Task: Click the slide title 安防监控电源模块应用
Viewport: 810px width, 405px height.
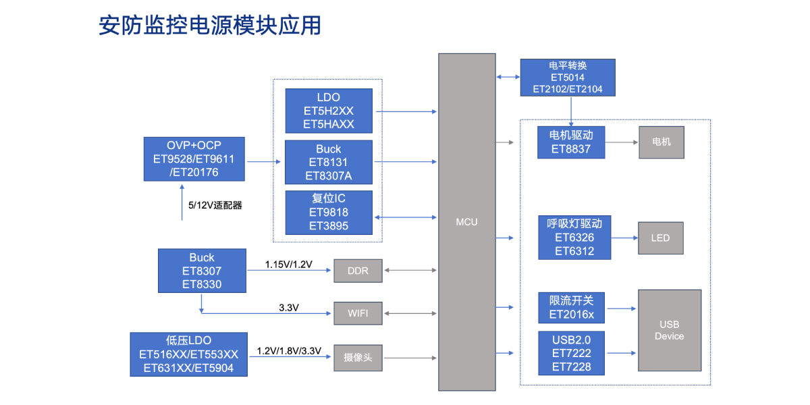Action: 210,25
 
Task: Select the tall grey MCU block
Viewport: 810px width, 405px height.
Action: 466,222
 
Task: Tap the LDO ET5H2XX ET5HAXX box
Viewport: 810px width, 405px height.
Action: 329,111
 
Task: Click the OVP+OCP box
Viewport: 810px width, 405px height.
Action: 194,159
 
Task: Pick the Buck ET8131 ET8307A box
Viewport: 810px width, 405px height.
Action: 329,163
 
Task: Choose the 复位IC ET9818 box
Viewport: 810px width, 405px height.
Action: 329,213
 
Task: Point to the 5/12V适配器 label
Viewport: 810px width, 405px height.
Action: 215,205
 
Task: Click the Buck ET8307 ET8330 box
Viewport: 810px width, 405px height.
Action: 202,271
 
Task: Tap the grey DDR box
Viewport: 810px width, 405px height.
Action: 358,271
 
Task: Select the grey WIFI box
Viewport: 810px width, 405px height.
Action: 358,313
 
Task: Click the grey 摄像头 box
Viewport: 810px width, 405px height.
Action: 358,358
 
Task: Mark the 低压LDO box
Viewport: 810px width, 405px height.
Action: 188,354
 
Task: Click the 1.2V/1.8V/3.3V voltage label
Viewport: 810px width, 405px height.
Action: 289,351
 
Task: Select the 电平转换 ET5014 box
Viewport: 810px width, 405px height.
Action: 568,78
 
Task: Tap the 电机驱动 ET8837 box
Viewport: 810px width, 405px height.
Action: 570,142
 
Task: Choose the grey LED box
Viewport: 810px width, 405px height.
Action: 660,238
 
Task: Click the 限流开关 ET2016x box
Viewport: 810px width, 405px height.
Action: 570,308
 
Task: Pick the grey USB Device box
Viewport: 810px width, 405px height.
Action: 669,330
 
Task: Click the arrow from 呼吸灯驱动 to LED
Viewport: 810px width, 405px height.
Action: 624,238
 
